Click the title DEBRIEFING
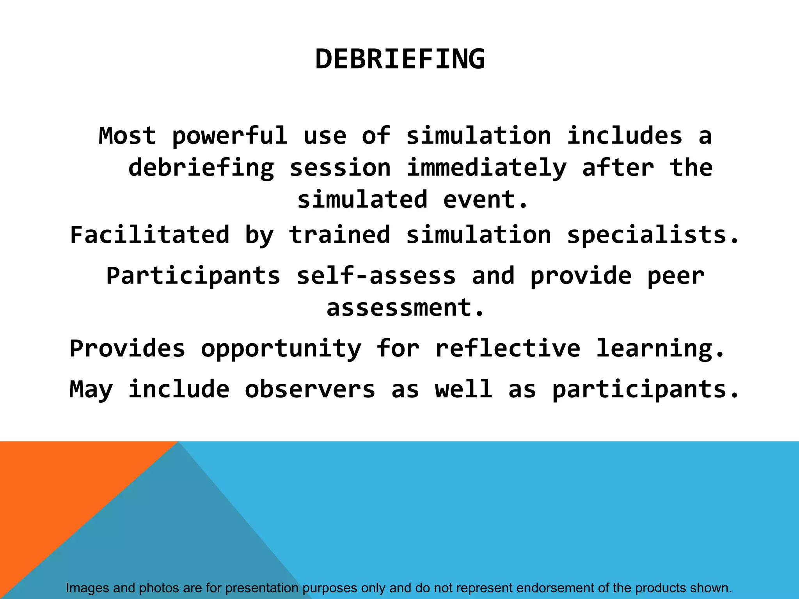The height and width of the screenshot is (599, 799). click(x=400, y=59)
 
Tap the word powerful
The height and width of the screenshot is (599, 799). click(x=230, y=136)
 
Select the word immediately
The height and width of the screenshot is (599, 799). click(x=486, y=168)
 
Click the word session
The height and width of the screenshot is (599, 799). click(x=340, y=168)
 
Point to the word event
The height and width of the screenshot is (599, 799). click(x=486, y=200)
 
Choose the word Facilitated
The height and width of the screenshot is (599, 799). click(x=150, y=235)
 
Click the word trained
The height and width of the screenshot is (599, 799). click(x=339, y=235)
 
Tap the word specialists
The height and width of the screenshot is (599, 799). click(x=652, y=235)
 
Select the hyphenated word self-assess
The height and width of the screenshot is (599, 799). click(x=376, y=276)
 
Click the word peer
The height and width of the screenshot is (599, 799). click(x=676, y=276)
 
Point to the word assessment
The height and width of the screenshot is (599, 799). click(x=405, y=308)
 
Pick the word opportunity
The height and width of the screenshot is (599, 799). click(x=281, y=349)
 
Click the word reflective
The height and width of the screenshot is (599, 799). click(x=508, y=349)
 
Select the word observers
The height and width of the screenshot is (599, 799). click(x=310, y=390)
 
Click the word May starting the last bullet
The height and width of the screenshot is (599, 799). click(x=91, y=390)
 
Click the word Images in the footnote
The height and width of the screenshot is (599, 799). click(x=87, y=588)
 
